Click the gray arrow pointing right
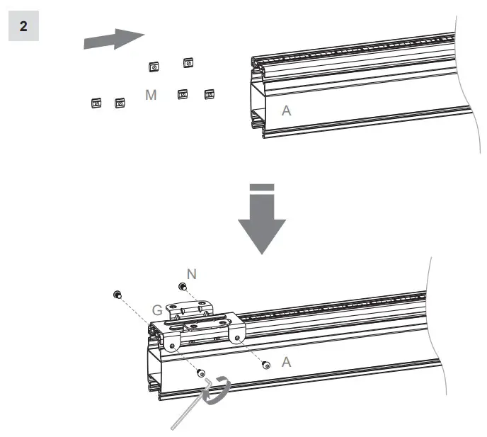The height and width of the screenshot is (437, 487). (113, 39)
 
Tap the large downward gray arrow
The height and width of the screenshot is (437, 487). (261, 220)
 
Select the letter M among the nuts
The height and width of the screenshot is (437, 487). (151, 95)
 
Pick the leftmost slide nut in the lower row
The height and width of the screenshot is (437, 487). (96, 103)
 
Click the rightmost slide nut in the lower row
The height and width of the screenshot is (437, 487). (209, 94)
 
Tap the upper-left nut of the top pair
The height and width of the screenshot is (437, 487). (154, 67)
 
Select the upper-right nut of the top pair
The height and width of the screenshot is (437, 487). (188, 64)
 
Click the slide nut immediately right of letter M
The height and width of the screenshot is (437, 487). (183, 94)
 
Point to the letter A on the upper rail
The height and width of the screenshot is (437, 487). (286, 110)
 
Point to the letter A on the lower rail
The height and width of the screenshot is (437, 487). (286, 361)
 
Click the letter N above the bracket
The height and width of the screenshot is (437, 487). (190, 273)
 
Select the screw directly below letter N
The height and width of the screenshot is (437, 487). (183, 287)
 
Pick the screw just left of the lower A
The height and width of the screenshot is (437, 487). (265, 365)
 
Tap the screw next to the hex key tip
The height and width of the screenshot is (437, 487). (201, 373)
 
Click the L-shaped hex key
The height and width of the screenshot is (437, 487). (190, 407)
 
